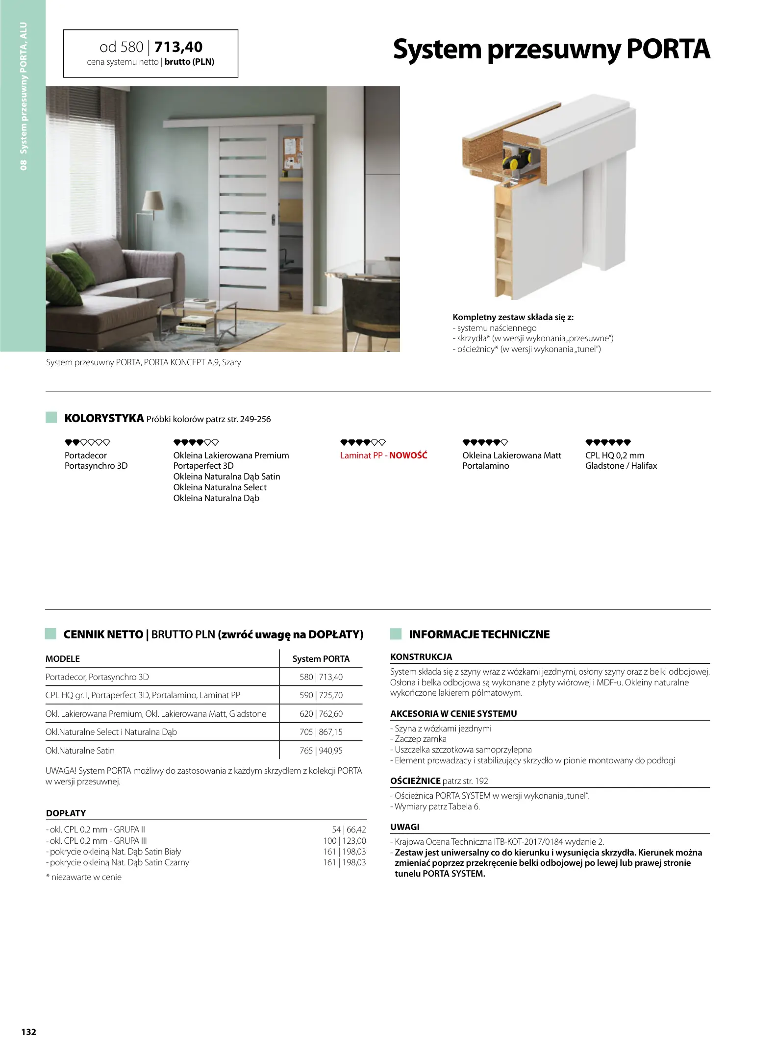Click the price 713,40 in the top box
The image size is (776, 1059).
[x=178, y=47]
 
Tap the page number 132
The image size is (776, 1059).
[x=28, y=1032]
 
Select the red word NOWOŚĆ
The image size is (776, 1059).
[x=408, y=455]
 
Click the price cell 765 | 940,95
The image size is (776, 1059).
[x=321, y=750]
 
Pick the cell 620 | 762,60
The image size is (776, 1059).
[x=321, y=713]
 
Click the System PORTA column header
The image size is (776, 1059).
[x=321, y=658]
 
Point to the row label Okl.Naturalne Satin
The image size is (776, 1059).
[x=80, y=750]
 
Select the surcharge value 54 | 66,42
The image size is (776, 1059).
[x=349, y=829]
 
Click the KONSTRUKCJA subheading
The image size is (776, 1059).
[x=421, y=656]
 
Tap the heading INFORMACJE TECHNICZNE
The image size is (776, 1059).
[x=479, y=634]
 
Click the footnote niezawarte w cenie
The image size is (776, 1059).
[x=86, y=877]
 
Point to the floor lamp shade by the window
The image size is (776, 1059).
[x=153, y=202]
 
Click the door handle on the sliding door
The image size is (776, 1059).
[x=273, y=220]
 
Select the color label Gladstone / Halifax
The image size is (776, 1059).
[x=621, y=466]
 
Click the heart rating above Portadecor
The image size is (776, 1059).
[x=87, y=442]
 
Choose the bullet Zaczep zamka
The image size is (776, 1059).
[x=421, y=738]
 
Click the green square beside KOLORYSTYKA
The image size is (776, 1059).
[x=51, y=418]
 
